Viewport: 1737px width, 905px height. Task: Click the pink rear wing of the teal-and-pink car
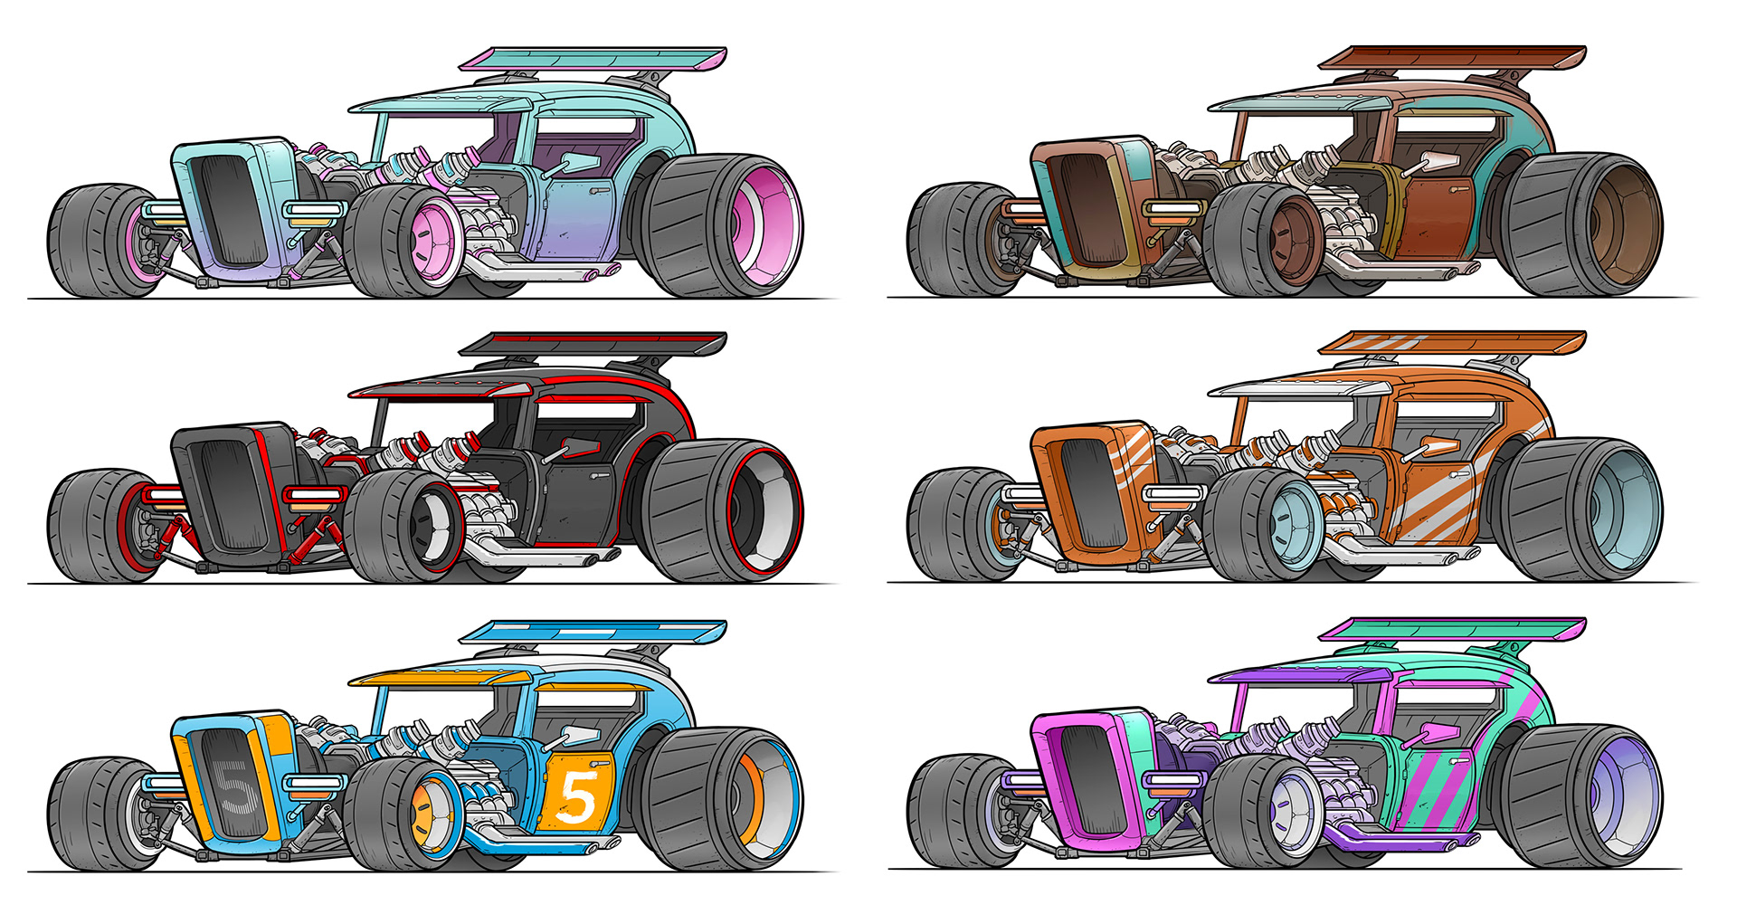(x=593, y=60)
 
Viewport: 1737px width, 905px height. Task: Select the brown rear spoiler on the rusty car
(x=1452, y=58)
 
